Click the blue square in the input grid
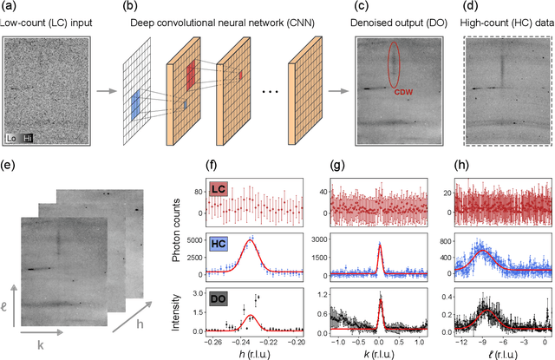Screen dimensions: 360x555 click(134, 103)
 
